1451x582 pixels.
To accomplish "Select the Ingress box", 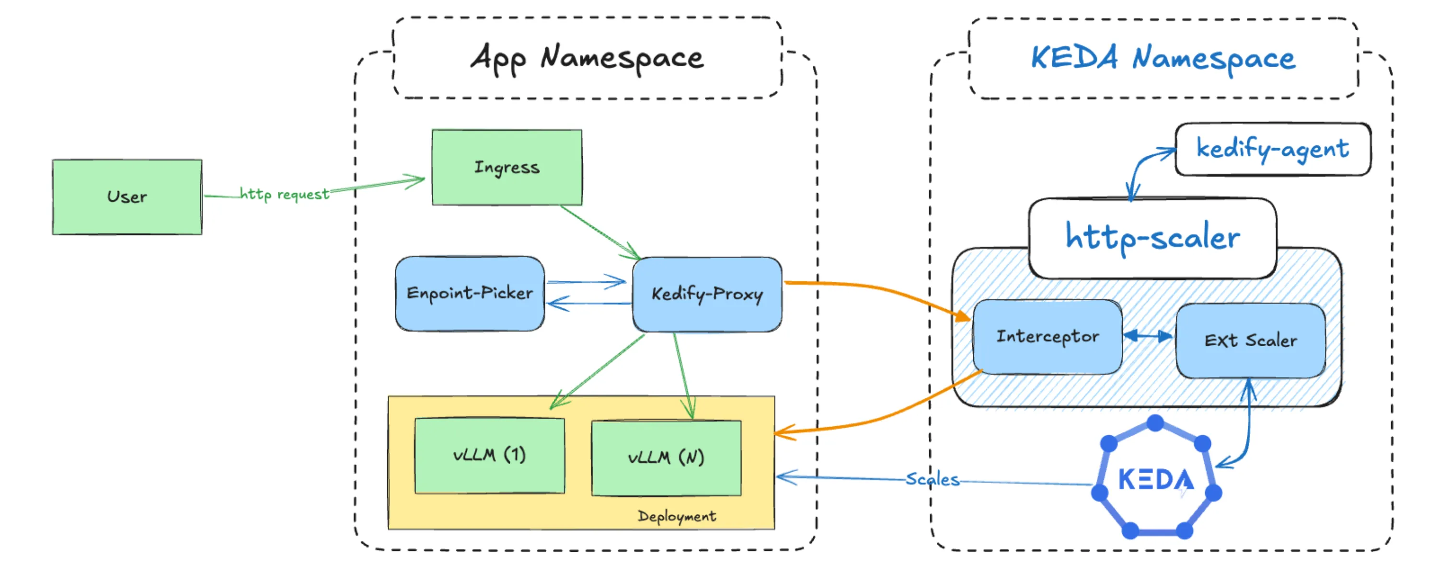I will (x=507, y=167).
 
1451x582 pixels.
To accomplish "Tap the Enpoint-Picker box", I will (x=469, y=293).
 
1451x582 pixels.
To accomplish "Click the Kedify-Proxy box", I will (x=706, y=294).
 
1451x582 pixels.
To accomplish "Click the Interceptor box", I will (x=1047, y=337).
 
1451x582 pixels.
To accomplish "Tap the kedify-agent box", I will (x=1272, y=149).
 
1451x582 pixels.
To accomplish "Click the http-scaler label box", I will (x=1152, y=237).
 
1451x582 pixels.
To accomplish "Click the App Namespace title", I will (x=587, y=58).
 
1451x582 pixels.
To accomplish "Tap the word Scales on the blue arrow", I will (x=932, y=479).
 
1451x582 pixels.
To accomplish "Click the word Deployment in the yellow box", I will (x=676, y=516).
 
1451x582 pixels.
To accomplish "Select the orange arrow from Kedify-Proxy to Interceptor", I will (x=879, y=290).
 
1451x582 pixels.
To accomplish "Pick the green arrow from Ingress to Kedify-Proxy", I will (x=600, y=232).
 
